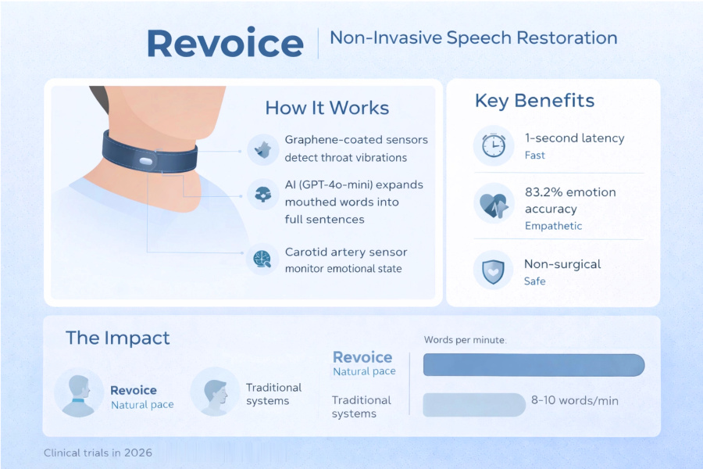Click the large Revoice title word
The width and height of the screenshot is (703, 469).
coord(225,43)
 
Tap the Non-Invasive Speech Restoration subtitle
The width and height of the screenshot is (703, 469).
coord(473,38)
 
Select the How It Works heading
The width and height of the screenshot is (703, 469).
coord(327,108)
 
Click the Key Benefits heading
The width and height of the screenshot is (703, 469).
coord(534,101)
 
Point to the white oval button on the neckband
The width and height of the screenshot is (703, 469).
coord(146,161)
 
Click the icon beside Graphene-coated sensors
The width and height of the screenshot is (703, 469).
coord(262,149)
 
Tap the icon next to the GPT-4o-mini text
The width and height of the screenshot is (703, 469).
coord(262,195)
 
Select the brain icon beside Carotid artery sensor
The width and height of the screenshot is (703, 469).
coord(262,259)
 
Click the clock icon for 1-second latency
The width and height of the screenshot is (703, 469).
coord(494,145)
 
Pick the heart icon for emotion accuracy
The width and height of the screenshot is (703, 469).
coord(494,204)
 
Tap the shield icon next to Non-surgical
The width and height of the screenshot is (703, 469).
coord(493,270)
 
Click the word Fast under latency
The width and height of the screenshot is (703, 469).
coord(535,156)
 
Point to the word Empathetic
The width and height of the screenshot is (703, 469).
coord(553,226)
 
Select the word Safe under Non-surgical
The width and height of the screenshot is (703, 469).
coord(535,281)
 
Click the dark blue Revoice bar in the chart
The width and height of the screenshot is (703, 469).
coord(534,364)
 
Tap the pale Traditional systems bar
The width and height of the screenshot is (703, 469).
coord(474,405)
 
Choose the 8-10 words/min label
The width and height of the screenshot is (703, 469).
coord(575,400)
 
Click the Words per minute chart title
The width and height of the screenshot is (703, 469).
coord(465,340)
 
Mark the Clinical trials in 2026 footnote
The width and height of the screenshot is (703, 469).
coord(98,453)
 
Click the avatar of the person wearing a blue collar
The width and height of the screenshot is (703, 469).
coord(79,392)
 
